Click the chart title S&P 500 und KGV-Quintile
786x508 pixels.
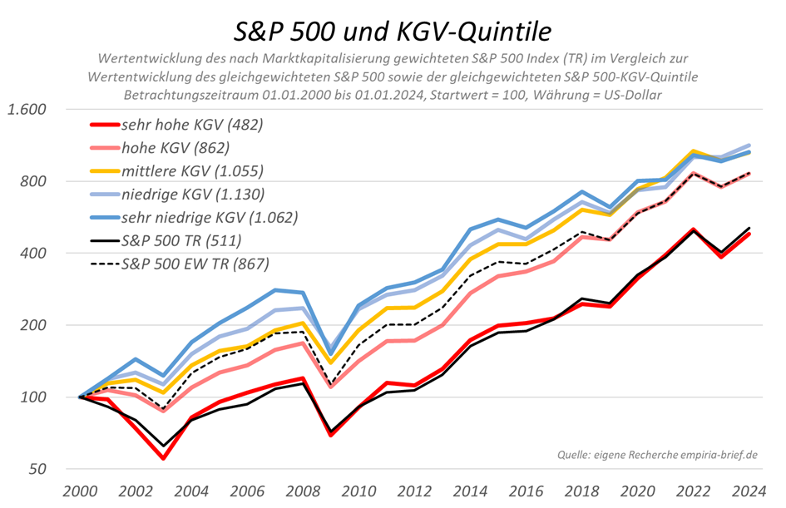click(392, 31)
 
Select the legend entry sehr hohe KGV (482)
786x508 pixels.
click(192, 126)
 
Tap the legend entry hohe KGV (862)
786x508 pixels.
click(175, 149)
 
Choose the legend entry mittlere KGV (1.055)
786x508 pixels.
click(192, 171)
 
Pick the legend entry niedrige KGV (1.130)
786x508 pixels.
click(193, 195)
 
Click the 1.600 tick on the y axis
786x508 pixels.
click(27, 110)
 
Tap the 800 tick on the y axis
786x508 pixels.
click(35, 181)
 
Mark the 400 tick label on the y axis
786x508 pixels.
click(35, 254)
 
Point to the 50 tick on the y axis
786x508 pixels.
click(39, 469)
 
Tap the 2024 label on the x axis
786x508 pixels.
click(749, 491)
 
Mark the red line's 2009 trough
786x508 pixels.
click(331, 434)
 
